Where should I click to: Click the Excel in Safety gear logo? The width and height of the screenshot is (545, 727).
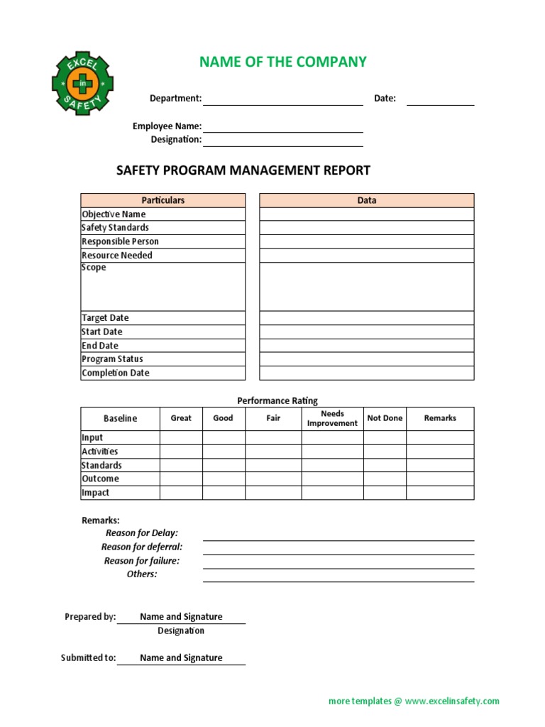coord(82,84)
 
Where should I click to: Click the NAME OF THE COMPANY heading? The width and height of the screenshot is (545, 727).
coord(283,62)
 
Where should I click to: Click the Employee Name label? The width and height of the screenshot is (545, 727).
coord(167,126)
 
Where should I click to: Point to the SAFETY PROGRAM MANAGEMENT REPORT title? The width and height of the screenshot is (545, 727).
coord(243,170)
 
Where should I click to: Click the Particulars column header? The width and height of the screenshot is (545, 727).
coord(163,200)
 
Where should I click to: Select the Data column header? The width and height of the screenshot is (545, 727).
coord(366,200)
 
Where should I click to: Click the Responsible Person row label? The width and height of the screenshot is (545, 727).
coord(120,241)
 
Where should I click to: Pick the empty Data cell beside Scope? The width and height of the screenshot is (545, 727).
coord(366,287)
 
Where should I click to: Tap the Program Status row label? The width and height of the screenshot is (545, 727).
coord(112,359)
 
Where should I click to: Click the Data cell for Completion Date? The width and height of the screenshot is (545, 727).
coord(366,373)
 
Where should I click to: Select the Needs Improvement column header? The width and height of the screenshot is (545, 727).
coord(332,418)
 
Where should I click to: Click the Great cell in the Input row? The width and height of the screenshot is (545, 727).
coord(181,438)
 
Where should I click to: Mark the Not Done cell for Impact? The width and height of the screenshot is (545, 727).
coord(385,493)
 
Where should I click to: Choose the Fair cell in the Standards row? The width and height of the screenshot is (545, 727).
coord(273,466)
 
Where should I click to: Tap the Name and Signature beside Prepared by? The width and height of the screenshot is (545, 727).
coord(181,617)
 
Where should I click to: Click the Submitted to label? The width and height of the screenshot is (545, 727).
coord(88,658)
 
